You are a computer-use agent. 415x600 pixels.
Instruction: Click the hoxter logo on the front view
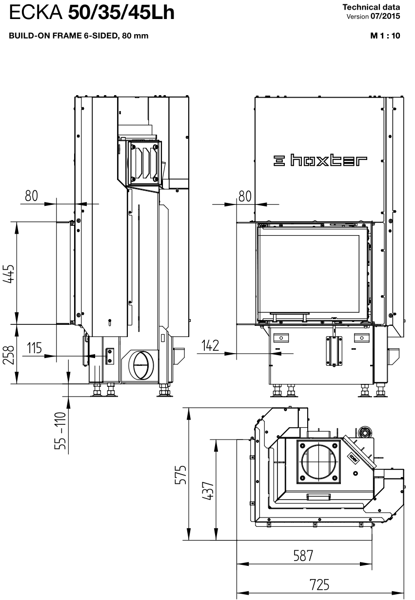(320, 160)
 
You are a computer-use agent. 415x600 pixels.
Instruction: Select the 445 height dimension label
(9, 274)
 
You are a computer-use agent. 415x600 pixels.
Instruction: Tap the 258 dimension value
(9, 355)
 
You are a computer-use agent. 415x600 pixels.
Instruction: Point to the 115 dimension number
(35, 348)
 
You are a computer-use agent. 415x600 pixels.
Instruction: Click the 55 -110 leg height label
(60, 431)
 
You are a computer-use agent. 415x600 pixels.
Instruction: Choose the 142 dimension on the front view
(210, 345)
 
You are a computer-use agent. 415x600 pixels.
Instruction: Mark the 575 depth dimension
(180, 475)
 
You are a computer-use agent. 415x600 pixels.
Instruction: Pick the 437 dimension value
(208, 491)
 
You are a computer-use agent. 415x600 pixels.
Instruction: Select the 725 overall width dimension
(319, 585)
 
